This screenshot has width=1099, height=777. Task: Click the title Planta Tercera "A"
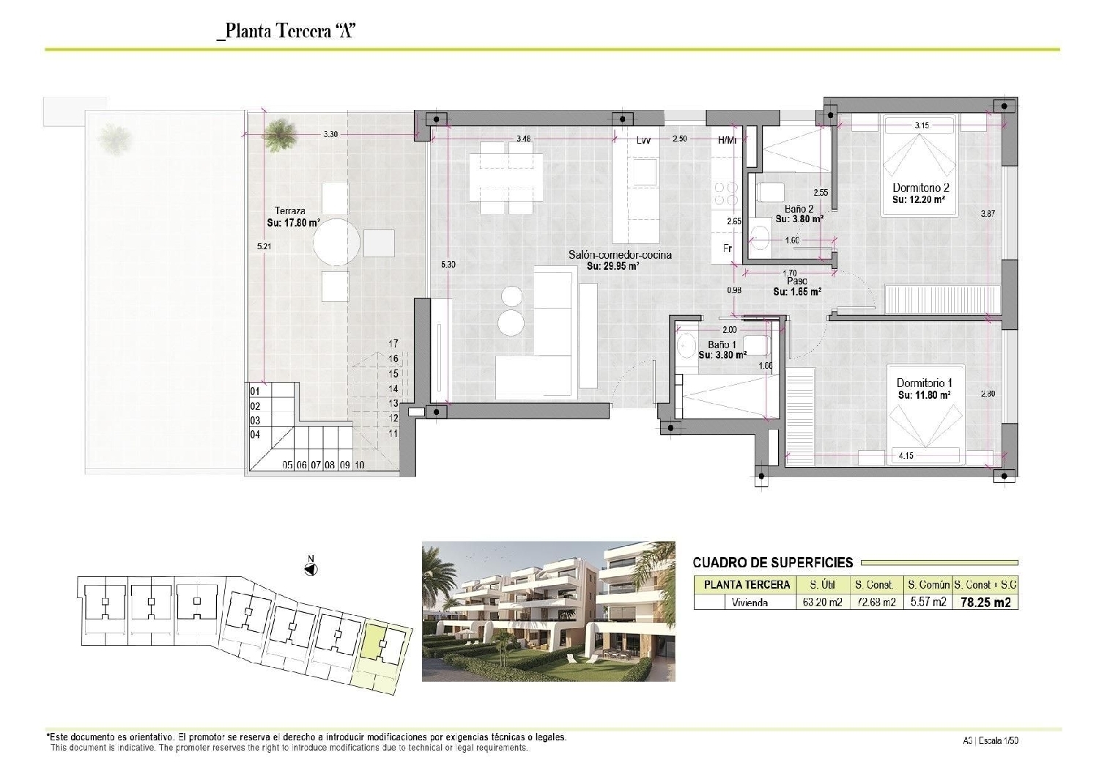point(286,32)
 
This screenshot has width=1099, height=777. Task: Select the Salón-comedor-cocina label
point(620,256)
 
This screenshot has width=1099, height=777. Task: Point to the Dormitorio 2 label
point(921,188)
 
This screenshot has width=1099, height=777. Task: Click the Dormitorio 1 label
point(924,383)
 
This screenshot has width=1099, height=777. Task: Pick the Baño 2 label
point(799,209)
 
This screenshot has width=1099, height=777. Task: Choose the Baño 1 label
point(722,345)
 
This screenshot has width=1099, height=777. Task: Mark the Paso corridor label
point(797,281)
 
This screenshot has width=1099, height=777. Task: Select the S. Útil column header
point(824,585)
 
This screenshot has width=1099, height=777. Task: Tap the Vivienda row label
point(750,603)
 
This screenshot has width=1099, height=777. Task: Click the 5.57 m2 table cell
point(928,603)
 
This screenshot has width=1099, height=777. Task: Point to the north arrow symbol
point(310,568)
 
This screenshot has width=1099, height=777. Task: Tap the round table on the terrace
point(337,242)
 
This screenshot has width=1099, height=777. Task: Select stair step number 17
point(393,343)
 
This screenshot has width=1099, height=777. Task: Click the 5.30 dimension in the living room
point(449,265)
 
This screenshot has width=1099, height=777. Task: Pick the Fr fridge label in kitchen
point(728,248)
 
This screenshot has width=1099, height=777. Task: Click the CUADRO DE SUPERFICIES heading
point(773,563)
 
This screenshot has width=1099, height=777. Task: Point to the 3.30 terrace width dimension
point(330,134)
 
